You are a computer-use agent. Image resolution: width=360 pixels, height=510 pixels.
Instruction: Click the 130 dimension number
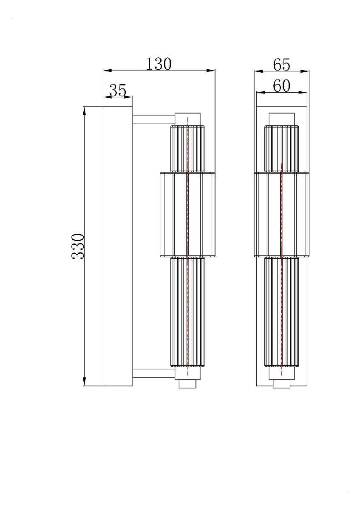click(x=159, y=64)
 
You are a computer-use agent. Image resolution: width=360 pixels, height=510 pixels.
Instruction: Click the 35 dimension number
click(x=118, y=90)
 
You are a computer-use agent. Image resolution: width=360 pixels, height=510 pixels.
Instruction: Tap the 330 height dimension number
click(x=78, y=246)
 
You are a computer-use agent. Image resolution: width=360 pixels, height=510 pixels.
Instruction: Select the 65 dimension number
click(x=281, y=65)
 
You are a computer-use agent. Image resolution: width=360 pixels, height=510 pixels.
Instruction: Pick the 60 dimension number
click(x=281, y=86)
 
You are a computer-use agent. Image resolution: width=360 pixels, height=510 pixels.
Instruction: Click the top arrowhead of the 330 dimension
click(x=85, y=110)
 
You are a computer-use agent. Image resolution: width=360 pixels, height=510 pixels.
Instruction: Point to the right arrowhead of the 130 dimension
click(x=211, y=71)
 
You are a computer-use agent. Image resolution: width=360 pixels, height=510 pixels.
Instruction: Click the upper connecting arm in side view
click(x=153, y=119)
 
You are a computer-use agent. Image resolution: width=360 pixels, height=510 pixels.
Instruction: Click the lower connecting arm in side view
click(x=153, y=374)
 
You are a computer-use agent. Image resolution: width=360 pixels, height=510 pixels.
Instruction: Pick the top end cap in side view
click(x=187, y=119)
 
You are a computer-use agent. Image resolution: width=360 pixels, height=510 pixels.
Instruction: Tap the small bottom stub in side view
click(x=187, y=384)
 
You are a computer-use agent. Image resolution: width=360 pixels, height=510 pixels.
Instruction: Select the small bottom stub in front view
click(x=281, y=384)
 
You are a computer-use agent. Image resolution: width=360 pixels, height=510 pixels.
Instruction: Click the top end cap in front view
click(x=281, y=119)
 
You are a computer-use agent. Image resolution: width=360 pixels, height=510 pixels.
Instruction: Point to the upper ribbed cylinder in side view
click(x=187, y=149)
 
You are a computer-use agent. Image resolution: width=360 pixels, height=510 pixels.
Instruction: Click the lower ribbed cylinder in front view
click(x=281, y=312)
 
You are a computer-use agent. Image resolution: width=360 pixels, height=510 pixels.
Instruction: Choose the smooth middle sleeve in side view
click(x=187, y=214)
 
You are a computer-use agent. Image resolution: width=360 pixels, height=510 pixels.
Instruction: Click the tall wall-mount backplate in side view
click(x=118, y=246)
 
